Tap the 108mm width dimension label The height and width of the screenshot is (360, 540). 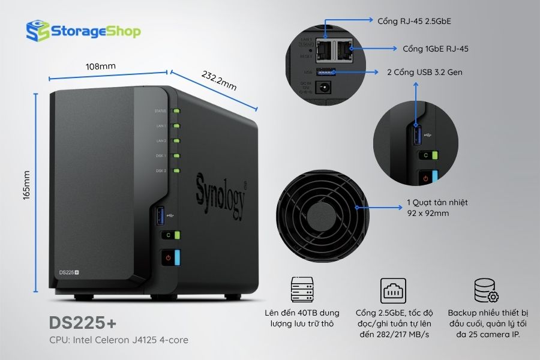101,66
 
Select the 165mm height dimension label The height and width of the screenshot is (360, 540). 26,186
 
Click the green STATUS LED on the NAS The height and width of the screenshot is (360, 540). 176,111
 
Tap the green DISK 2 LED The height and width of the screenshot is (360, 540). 176,171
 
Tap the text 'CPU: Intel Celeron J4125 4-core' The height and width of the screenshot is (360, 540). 119,340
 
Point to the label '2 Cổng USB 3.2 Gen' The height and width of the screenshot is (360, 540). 425,72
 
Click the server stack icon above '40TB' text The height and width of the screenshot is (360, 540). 302,290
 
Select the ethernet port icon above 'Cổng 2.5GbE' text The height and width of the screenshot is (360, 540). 393,290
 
